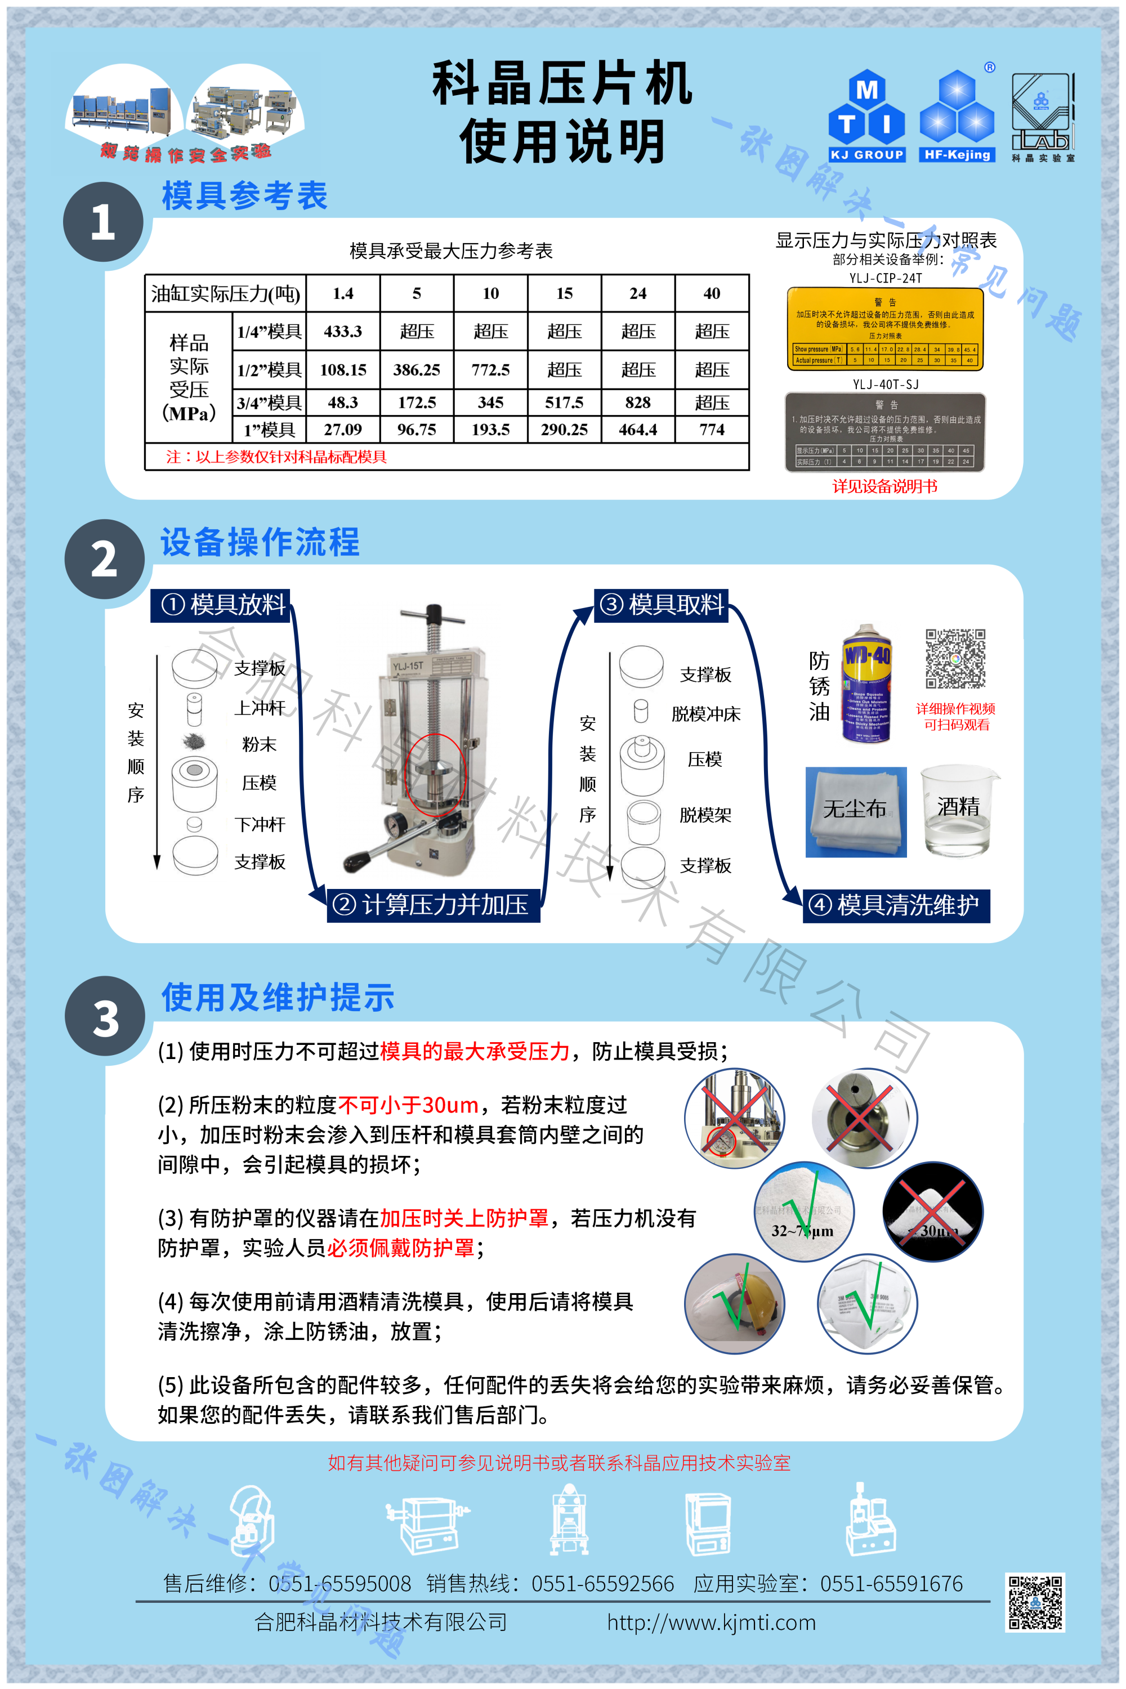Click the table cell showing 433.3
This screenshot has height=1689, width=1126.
[x=342, y=331]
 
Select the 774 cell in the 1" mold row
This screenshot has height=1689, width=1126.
[x=711, y=430]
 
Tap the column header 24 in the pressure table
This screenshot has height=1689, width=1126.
[x=638, y=293]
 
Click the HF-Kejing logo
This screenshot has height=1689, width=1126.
[x=957, y=117]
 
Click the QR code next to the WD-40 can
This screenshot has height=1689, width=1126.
[x=955, y=659]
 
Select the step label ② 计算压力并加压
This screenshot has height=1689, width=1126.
[x=433, y=905]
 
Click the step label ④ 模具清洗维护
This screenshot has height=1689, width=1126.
[x=896, y=905]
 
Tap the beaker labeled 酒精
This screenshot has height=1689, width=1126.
[x=959, y=811]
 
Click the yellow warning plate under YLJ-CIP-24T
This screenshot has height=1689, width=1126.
[x=884, y=329]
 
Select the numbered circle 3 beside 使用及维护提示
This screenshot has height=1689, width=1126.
[x=105, y=1017]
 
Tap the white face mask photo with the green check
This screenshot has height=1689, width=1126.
[x=867, y=1303]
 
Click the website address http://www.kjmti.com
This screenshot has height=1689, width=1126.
[x=711, y=1621]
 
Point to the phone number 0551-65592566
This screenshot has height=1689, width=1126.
[x=602, y=1583]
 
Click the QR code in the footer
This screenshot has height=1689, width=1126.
[x=1035, y=1603]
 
